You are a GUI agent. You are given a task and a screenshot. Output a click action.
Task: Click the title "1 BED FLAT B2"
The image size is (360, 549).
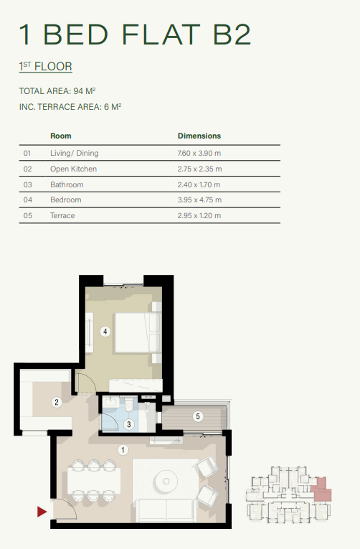(136, 35)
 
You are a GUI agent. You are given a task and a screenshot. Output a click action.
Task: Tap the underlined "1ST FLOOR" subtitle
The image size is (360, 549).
(46, 67)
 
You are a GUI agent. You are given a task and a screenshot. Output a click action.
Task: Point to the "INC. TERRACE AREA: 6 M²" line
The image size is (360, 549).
(70, 107)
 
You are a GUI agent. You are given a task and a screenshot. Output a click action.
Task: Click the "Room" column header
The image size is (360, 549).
(60, 136)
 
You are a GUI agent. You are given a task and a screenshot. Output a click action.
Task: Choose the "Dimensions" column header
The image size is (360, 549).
(199, 136)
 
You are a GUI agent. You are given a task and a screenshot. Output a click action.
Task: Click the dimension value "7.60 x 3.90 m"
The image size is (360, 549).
(199, 153)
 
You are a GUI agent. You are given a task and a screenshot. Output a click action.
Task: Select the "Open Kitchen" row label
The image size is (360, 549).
(73, 169)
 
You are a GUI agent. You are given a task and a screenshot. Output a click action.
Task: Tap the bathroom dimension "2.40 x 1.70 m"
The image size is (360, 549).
(199, 184)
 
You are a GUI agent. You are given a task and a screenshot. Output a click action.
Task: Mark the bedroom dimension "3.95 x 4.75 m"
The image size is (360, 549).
(199, 200)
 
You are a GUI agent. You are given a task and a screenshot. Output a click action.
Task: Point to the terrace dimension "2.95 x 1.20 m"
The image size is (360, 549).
(199, 215)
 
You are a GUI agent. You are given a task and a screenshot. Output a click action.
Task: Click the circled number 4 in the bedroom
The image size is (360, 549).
(105, 332)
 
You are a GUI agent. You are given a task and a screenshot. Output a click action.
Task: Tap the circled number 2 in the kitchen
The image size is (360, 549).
(57, 403)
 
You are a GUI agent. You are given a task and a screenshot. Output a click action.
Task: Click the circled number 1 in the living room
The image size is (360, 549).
(123, 450)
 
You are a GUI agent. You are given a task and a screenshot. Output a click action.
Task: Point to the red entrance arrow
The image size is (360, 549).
(42, 512)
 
